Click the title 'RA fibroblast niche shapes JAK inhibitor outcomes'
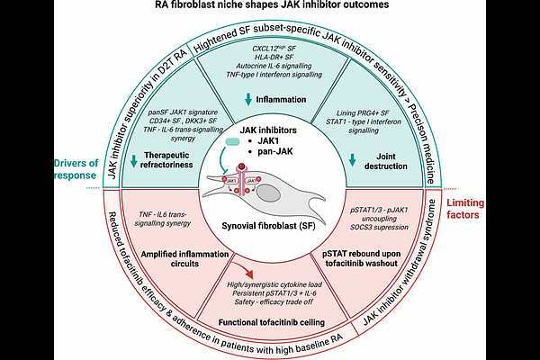(x=270, y=7)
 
